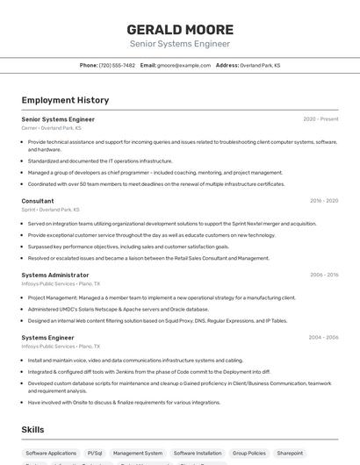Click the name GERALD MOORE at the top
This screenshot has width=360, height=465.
pyautogui.click(x=180, y=29)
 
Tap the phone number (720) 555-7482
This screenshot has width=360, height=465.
pyautogui.click(x=117, y=65)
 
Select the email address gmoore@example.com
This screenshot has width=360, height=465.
pyautogui.click(x=184, y=65)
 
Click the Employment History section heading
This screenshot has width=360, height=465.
pyautogui.click(x=65, y=100)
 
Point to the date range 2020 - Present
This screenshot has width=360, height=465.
pyautogui.click(x=320, y=118)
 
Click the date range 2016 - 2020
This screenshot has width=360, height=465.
pyautogui.click(x=324, y=201)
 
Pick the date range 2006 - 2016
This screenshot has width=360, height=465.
pyautogui.click(x=324, y=275)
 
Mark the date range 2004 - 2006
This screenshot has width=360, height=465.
pyautogui.click(x=324, y=337)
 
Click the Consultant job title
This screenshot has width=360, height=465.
pyautogui.click(x=38, y=201)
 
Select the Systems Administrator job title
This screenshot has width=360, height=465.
pyautogui.click(x=55, y=275)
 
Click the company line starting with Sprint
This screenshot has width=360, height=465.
pyautogui.click(x=51, y=210)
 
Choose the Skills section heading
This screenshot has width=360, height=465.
pyautogui.click(x=33, y=429)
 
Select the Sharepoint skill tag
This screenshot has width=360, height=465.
pyautogui.click(x=290, y=453)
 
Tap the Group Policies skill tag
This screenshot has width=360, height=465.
pyautogui.click(x=248, y=453)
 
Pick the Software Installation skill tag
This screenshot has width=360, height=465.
pyautogui.click(x=197, y=453)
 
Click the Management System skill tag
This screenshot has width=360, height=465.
pyautogui.click(x=138, y=453)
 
